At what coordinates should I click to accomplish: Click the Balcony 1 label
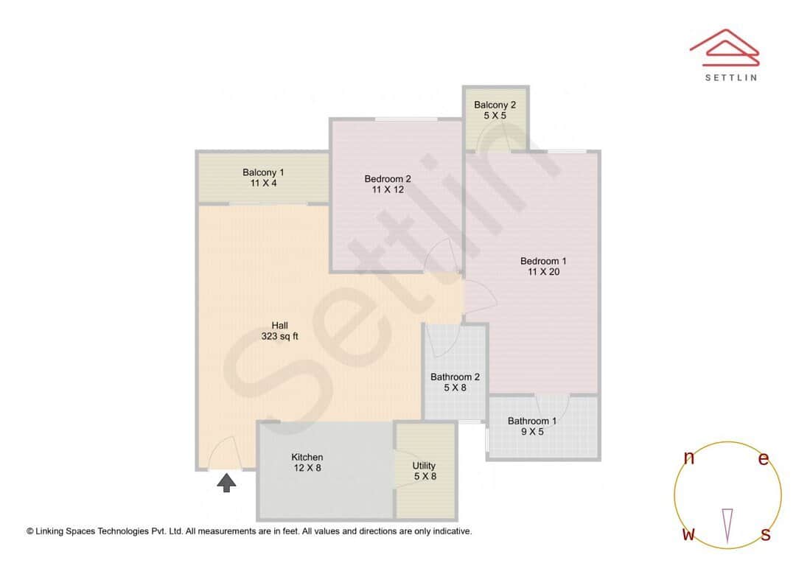(x=263, y=173)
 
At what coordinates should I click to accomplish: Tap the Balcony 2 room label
(x=495, y=105)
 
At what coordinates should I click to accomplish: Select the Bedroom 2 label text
(x=388, y=179)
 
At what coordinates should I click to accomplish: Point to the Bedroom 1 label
(x=543, y=261)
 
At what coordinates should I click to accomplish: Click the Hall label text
(x=279, y=326)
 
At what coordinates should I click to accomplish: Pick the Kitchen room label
(x=307, y=458)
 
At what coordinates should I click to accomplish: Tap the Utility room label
(x=424, y=466)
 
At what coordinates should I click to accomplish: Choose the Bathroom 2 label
(x=455, y=377)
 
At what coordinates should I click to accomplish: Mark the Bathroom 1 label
(x=532, y=422)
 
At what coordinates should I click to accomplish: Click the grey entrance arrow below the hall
(x=227, y=483)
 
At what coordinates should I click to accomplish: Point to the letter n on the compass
(x=689, y=458)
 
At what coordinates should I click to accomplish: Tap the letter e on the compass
(x=764, y=459)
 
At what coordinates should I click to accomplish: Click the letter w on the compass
(x=688, y=535)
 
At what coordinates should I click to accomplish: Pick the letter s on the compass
(x=766, y=535)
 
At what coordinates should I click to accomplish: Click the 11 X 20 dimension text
(x=544, y=272)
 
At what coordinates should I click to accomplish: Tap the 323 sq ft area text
(x=279, y=337)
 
